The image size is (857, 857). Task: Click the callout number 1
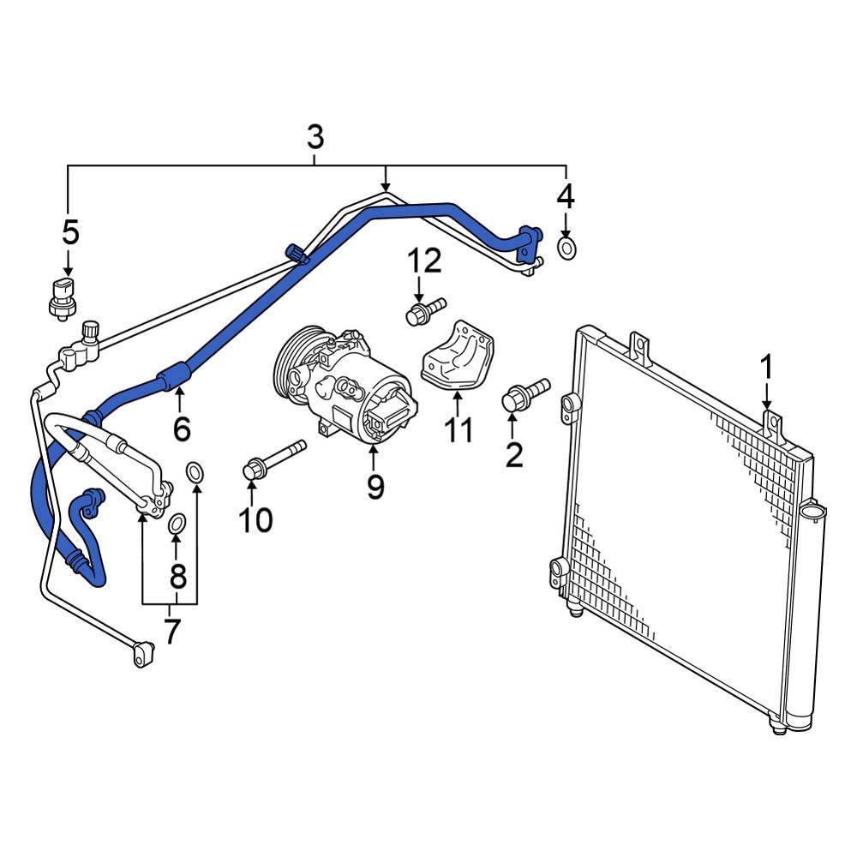[x=766, y=368]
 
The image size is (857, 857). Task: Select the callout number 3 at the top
[x=315, y=136]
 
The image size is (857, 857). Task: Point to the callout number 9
[x=375, y=486]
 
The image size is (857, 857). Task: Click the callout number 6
[x=181, y=428]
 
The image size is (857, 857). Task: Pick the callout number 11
[x=458, y=429]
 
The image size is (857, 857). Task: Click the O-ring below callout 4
[x=566, y=249]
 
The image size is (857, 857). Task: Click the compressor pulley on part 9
[x=291, y=369]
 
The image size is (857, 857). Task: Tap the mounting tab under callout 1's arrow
[x=774, y=425]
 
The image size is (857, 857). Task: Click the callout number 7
[x=172, y=632]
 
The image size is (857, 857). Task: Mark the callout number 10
[x=255, y=518]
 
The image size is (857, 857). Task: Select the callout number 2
[x=513, y=454]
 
